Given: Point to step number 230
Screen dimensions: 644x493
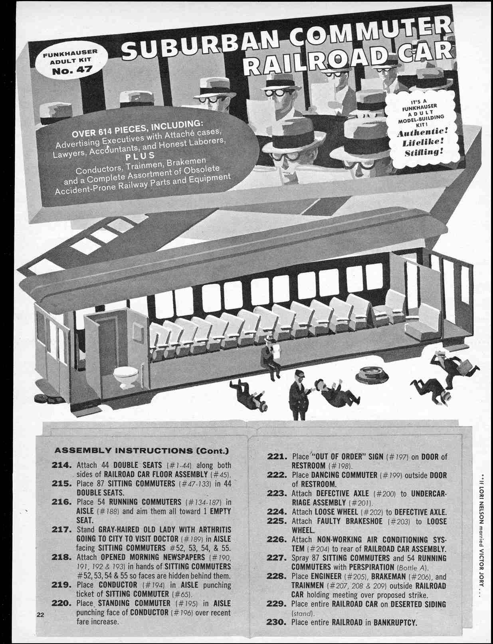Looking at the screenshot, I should point(277,622).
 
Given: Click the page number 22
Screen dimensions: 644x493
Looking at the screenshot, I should point(40,614).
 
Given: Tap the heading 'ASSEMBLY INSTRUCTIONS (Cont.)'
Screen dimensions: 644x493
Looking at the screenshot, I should point(141,451).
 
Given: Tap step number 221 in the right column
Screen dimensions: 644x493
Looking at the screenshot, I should point(277,456).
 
